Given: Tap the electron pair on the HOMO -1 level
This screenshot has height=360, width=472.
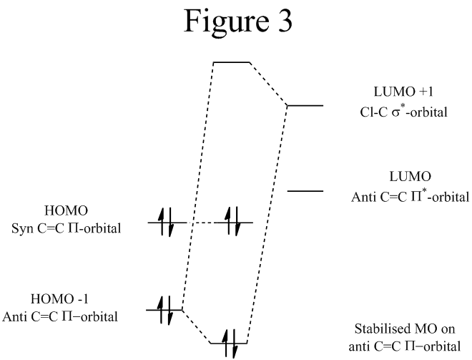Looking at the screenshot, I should click(165, 309).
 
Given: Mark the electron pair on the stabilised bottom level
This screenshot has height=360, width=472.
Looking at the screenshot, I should click(229, 344).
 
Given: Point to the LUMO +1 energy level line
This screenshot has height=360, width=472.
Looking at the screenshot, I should click(305, 105).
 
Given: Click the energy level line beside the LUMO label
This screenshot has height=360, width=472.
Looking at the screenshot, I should click(305, 191).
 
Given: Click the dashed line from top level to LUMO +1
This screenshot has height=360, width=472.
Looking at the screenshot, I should click(267, 84).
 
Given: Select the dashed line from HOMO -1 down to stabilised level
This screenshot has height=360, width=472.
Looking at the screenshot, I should click(197, 326).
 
